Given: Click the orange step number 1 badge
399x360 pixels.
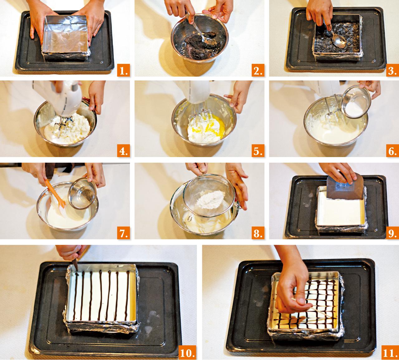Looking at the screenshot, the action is click(123, 70).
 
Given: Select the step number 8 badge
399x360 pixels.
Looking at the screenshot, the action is click(258, 233).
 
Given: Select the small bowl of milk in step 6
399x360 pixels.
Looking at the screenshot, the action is click(356, 101).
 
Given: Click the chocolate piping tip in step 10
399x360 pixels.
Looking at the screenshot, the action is click(75, 265).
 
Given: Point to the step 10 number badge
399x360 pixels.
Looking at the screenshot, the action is click(187, 352).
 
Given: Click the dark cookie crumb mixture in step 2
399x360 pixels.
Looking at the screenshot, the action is click(197, 45).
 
